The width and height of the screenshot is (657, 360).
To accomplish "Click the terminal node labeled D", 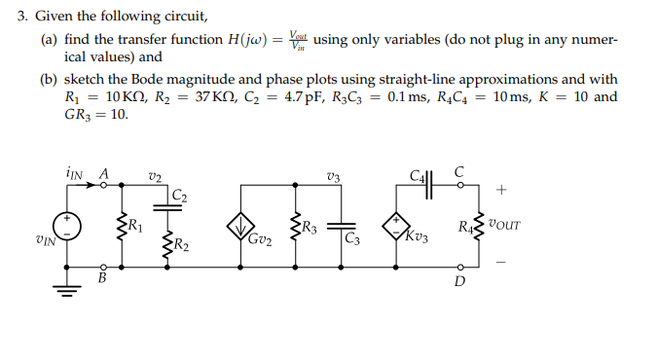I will tap(459, 266).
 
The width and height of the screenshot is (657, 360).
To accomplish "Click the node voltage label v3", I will tap(335, 176).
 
